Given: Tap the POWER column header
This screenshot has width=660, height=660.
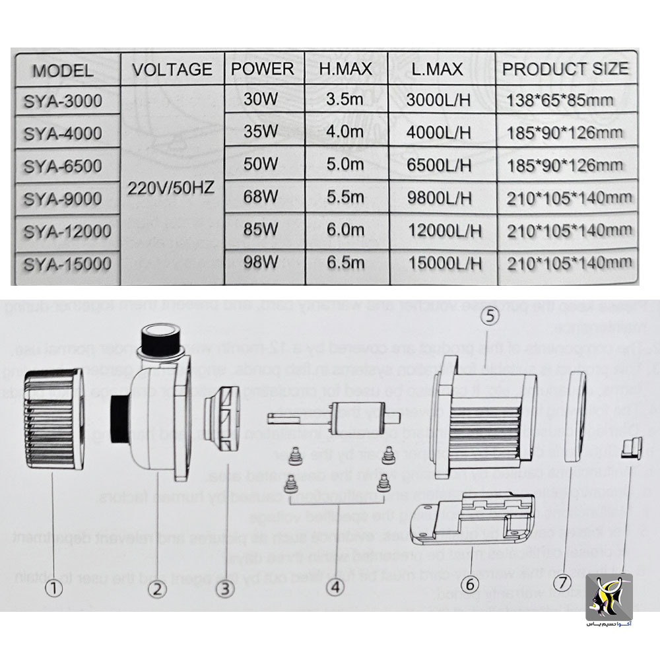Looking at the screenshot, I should point(263,69).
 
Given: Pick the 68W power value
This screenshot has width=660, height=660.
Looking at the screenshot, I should point(260,197).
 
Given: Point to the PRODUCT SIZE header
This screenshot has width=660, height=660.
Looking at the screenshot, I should point(566,69).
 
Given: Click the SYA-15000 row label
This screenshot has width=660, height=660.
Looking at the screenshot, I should point(66,263).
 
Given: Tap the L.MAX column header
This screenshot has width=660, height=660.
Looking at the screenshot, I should point(439,69).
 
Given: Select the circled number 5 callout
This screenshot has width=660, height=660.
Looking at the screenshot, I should point(489,317).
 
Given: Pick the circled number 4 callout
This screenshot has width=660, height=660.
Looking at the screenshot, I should point(336,585).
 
